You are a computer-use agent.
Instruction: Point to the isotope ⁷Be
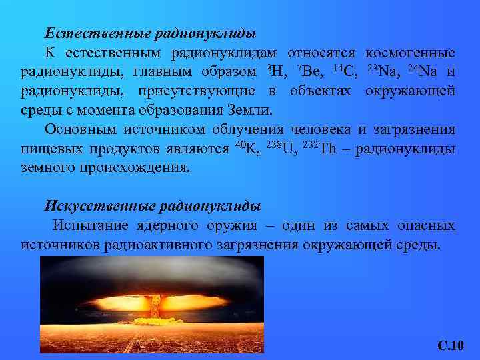[309, 71]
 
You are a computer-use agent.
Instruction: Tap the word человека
[313, 129]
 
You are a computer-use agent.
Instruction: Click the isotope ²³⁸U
[280, 148]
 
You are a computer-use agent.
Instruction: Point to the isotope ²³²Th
[320, 148]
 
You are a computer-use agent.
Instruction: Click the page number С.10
[450, 345]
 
